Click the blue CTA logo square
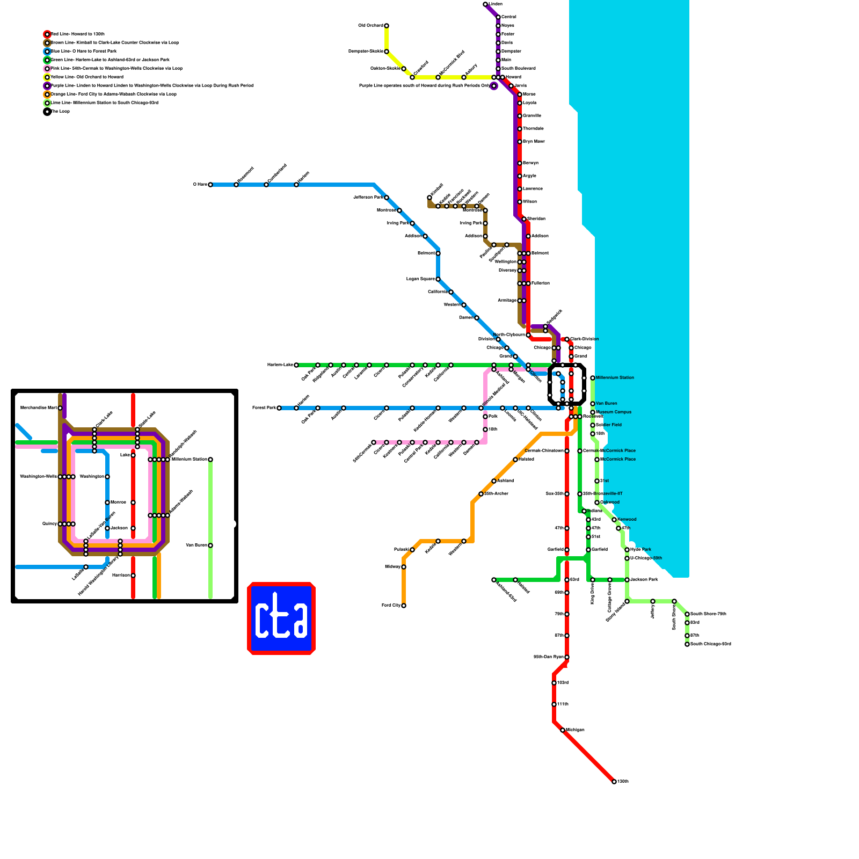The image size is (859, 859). [281, 618]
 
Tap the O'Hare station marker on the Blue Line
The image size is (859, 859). [210, 185]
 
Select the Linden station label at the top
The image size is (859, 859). [496, 4]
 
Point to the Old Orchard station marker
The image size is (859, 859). [387, 26]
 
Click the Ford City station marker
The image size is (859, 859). [404, 606]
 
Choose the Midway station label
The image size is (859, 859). [392, 567]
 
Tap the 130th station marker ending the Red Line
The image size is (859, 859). [614, 782]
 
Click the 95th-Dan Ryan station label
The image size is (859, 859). [548, 657]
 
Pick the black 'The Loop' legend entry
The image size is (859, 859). [60, 112]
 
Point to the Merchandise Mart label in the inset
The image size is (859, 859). [38, 408]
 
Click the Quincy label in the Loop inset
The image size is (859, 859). [49, 524]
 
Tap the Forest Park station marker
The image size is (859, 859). [279, 408]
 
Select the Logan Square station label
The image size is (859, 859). [420, 279]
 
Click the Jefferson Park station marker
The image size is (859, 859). [387, 198]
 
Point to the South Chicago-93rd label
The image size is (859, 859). [710, 644]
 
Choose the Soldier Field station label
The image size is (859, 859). [609, 425]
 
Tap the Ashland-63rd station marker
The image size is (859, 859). [494, 580]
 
